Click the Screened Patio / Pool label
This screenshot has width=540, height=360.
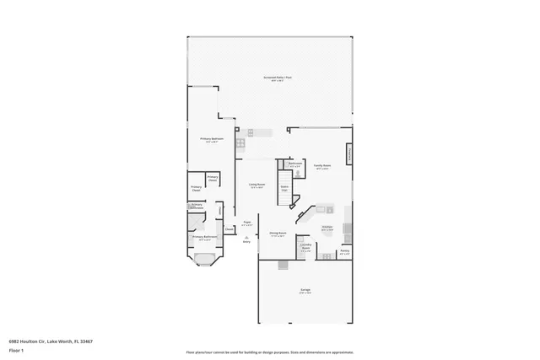270,78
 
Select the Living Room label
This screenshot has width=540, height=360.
257,185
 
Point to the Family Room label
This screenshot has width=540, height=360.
321,167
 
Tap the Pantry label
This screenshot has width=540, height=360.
344,250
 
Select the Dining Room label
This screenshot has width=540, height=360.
277,234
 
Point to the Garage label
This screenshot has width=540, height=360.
305,291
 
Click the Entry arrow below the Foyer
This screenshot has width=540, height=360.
247,239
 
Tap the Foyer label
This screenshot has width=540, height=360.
247,223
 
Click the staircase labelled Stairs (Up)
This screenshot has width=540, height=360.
285,189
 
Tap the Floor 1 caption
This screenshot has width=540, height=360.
16,349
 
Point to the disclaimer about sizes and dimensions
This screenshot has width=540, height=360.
270,353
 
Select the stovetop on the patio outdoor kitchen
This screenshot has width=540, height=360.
240,142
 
